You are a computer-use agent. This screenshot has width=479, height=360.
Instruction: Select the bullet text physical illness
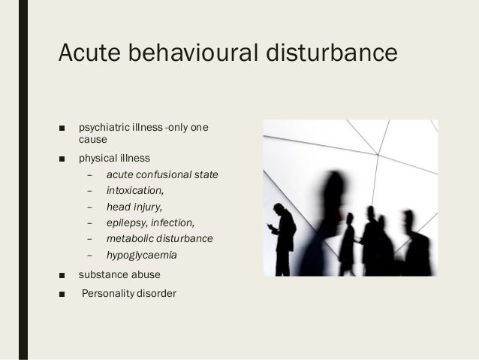pos(114,159)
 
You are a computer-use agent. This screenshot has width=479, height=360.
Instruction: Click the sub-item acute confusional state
pos(162,175)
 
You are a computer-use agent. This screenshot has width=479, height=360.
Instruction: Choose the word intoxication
pos(134,191)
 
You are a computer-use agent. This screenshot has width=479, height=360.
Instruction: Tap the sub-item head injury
pos(134,207)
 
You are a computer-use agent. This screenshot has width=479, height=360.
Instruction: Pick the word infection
pos(173,222)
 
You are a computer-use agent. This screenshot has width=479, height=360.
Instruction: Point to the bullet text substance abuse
pos(119,274)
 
